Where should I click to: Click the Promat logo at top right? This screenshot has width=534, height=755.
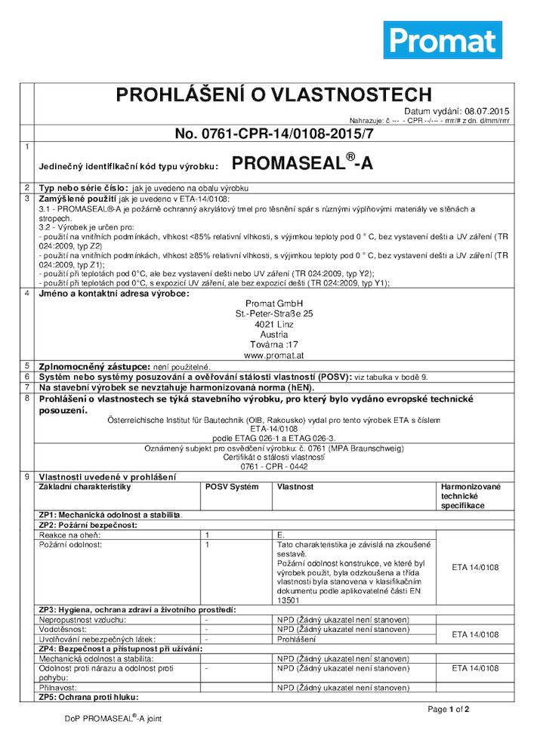pyautogui.click(x=443, y=40)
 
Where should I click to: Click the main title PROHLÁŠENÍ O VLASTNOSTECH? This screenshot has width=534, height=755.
pyautogui.click(x=273, y=94)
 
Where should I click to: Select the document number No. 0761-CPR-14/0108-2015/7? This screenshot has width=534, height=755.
pyautogui.click(x=273, y=134)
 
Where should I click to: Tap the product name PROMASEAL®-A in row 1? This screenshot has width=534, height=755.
pyautogui.click(x=302, y=163)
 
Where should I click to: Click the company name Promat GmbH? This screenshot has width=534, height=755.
pyautogui.click(x=273, y=304)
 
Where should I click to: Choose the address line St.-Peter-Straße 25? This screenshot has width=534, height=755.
pyautogui.click(x=273, y=313)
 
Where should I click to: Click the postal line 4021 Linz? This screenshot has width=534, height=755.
pyautogui.click(x=273, y=324)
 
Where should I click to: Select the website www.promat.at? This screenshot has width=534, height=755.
pyautogui.click(x=273, y=354)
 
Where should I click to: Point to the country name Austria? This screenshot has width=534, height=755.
pyautogui.click(x=273, y=334)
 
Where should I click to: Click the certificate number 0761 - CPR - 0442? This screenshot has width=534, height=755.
pyautogui.click(x=273, y=466)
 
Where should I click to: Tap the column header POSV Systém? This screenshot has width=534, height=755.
pyautogui.click(x=232, y=487)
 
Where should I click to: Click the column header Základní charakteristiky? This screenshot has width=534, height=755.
pyautogui.click(x=85, y=487)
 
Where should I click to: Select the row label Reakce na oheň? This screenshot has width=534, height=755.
pyautogui.click(x=69, y=535)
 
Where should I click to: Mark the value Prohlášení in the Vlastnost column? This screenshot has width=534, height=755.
pyautogui.click(x=296, y=639)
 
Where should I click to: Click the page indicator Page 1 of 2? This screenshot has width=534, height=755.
pyautogui.click(x=449, y=709)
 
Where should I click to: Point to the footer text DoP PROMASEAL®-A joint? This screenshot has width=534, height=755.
pyautogui.click(x=113, y=719)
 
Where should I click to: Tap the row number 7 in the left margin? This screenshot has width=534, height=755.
pyautogui.click(x=27, y=386)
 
